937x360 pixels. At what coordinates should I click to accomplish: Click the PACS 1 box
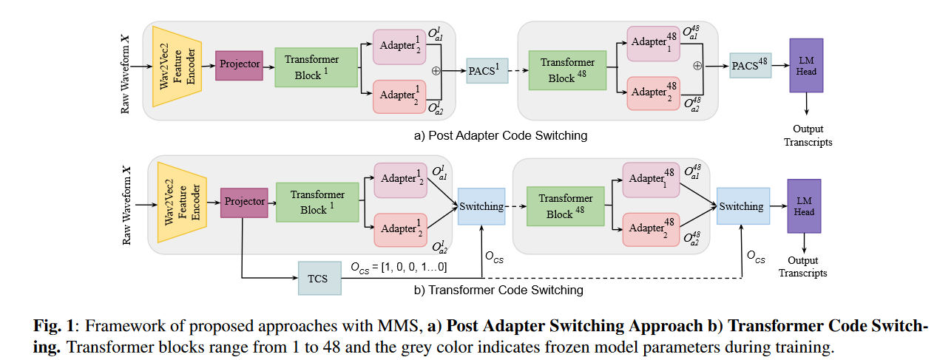coord(487,71)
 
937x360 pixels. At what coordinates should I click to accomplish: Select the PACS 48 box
coord(750,67)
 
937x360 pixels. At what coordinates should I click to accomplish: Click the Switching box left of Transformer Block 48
coord(481,207)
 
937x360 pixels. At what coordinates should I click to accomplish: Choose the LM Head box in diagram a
coord(806,66)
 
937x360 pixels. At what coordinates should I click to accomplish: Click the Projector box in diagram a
coord(240,64)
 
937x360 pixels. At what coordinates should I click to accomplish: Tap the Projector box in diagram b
coord(244,202)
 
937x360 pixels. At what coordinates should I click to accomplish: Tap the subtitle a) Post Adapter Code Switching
coord(501,135)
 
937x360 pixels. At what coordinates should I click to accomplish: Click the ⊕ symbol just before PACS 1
coord(436,71)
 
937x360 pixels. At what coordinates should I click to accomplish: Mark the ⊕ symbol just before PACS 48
coord(697,66)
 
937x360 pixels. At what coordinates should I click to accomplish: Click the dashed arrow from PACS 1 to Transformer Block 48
coord(520,71)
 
